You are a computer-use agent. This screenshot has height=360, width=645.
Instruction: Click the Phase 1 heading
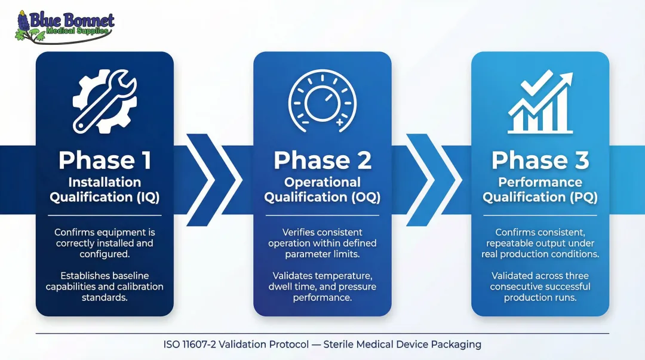105,160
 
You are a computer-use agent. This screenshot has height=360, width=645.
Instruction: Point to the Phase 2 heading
322,160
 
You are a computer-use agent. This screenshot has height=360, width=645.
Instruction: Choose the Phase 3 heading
540,160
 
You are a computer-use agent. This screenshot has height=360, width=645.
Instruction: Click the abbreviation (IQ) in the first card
146,197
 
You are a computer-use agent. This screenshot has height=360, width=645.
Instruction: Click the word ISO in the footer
173,344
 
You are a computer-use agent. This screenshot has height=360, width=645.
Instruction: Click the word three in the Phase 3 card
576,276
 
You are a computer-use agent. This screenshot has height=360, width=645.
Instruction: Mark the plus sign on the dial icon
340,122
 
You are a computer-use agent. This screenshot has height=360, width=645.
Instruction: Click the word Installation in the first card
105,183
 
